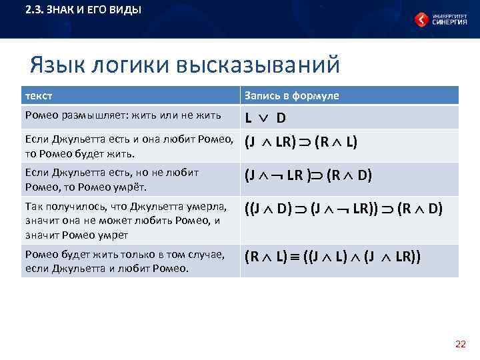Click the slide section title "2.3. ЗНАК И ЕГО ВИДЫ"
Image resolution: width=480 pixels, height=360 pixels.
pos(83,11)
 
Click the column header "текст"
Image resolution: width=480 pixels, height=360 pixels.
pos(39,95)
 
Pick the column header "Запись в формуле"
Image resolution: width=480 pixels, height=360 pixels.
pos(292,95)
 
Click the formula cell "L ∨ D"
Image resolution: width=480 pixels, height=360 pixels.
pos(265,118)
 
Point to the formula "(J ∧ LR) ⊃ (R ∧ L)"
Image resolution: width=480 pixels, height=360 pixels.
pos(301,142)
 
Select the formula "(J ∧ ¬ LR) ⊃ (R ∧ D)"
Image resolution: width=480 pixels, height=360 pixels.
pos(308,175)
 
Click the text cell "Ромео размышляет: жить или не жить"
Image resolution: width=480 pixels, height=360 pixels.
pos(123,115)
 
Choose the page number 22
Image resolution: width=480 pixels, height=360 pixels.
pos(460,344)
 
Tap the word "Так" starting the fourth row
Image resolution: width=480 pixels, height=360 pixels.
pos(33,205)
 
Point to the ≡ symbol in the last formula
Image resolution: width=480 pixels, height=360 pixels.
pos(294,256)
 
